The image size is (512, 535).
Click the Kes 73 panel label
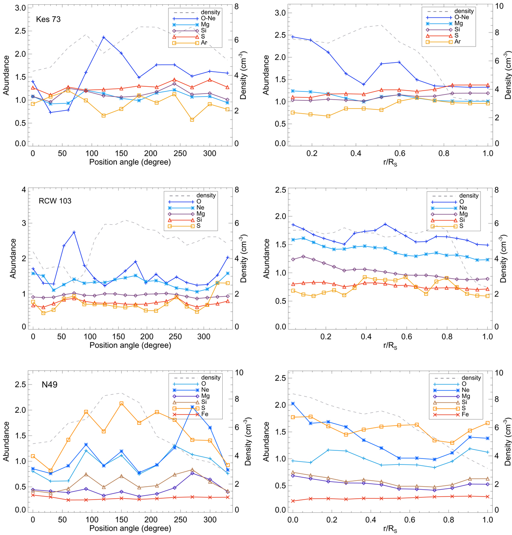48,19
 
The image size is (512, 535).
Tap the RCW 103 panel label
54,201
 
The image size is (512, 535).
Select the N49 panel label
47,385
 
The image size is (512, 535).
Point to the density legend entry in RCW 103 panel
206,195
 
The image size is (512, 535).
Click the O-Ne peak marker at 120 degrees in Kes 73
104,38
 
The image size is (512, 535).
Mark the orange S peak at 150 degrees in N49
122,403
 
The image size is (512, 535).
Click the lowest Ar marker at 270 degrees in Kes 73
192,120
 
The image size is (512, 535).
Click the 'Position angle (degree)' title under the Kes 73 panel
130,162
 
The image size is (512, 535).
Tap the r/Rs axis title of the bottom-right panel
390,529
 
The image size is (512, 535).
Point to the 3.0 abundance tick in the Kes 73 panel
21,9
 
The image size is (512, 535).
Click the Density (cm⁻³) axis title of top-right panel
507,75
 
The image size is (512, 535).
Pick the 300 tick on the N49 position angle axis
209,520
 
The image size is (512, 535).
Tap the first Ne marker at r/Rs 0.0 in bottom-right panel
293,403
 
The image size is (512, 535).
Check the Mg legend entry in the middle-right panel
463,214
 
